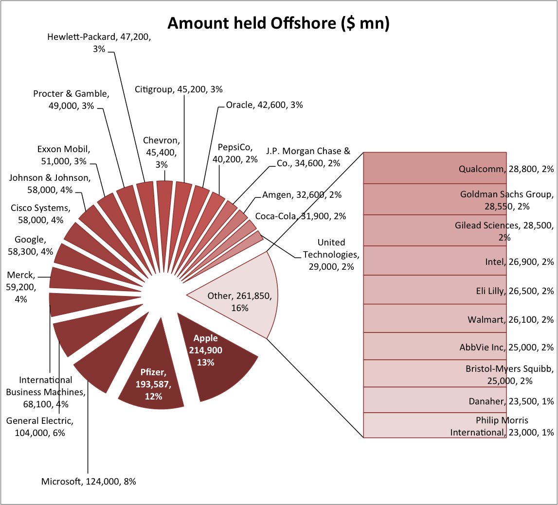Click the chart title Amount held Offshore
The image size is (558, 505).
[x=278, y=23]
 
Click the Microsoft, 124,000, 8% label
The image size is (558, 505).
[x=89, y=482]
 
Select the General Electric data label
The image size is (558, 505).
[x=40, y=426]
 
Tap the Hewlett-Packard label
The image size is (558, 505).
[x=99, y=43]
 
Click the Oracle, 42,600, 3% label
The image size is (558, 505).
[x=265, y=104]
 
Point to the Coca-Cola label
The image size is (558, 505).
[x=300, y=216]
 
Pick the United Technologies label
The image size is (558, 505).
[x=331, y=254]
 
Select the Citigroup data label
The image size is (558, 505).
[x=179, y=89]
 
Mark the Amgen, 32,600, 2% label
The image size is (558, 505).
[x=302, y=195]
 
